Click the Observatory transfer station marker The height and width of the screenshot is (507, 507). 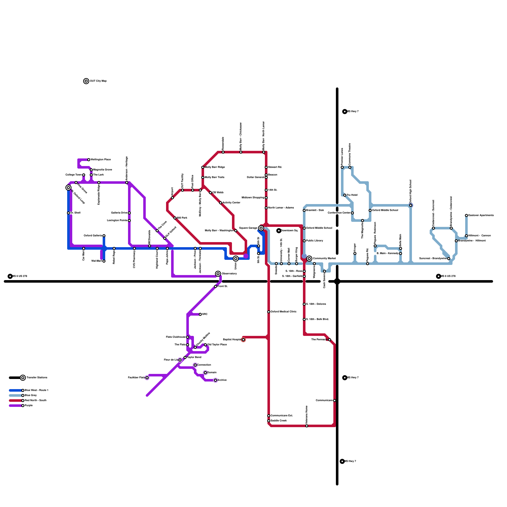point(218,274)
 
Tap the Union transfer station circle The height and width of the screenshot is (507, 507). point(236,259)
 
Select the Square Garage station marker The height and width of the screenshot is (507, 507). point(261,228)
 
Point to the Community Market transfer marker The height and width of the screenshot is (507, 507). point(309,259)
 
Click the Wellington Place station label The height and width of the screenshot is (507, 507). point(100,160)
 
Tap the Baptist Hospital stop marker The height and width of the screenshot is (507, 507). point(243,340)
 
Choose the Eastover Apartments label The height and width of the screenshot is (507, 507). point(481,215)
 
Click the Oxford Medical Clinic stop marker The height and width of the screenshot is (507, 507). point(269,312)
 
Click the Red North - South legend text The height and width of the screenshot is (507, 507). point(35,401)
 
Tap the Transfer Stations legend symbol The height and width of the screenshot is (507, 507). point(23,378)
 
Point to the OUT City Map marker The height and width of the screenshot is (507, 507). point(86,81)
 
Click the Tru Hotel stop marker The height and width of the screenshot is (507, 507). point(345,195)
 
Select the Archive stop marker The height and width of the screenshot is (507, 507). point(215,380)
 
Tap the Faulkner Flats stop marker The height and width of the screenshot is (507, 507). point(147,378)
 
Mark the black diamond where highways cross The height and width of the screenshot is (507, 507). point(337,281)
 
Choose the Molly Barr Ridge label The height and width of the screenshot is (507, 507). point(215,167)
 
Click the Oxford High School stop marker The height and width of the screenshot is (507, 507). point(411,205)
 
